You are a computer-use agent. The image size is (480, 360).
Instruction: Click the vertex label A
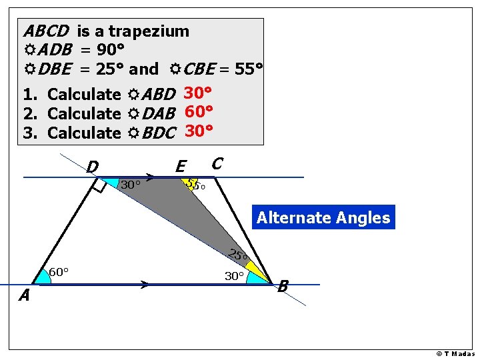coord(24,295)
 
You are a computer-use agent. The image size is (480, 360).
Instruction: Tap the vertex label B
coord(283,287)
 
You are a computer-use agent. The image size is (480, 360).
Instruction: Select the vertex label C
coord(217,163)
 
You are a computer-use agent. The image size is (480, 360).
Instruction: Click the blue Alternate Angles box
coord(323,217)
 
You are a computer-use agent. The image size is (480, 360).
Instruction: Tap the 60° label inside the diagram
coord(59,272)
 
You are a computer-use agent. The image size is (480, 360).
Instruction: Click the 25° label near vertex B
coord(237,255)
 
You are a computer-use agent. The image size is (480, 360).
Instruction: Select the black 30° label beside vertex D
coord(130,185)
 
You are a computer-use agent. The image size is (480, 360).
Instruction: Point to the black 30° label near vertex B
coord(234,276)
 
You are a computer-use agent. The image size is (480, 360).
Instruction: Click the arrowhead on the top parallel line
coord(151,177)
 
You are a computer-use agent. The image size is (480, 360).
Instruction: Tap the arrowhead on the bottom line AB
coord(145,285)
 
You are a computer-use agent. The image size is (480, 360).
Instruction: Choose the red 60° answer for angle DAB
coord(198,112)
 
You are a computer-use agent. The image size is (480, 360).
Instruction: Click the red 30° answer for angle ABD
coord(198,93)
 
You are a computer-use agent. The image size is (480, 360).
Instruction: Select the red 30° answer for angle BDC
coord(199,131)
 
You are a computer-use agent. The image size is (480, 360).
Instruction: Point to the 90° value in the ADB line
coord(107,50)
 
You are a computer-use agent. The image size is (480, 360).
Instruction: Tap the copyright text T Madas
coord(456,353)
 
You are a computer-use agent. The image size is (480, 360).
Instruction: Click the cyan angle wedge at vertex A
coord(43,277)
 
